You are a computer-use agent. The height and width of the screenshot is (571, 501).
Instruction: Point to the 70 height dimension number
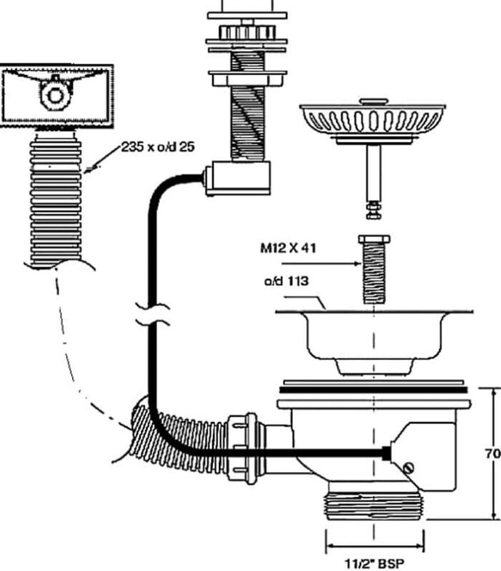(x=492, y=453)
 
